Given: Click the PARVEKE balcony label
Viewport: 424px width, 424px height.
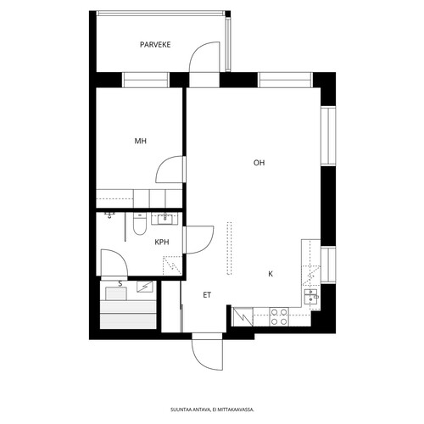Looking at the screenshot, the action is (x=155, y=45).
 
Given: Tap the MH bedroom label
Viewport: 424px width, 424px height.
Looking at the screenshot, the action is (x=141, y=141).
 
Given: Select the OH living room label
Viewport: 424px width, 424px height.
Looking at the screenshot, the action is (x=259, y=163).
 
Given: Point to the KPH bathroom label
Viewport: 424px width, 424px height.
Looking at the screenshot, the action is (x=162, y=242).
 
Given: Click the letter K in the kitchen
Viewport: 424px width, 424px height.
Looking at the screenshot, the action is (x=271, y=274).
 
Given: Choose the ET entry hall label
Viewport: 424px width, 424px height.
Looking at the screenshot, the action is (x=207, y=295).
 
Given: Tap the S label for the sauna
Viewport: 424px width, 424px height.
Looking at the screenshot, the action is (x=120, y=284).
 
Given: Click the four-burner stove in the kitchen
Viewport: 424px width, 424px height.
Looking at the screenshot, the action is (x=279, y=316).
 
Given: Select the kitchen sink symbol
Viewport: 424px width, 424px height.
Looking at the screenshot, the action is (x=311, y=296).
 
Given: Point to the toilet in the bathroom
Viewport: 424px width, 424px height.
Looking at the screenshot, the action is (x=140, y=224).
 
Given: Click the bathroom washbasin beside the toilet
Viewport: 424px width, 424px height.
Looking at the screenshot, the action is (x=165, y=219).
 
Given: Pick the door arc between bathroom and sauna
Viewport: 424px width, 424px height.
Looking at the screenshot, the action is (x=120, y=256).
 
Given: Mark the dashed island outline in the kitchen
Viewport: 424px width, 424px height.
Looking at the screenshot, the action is (x=229, y=248).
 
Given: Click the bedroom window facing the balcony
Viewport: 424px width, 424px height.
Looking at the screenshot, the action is (x=146, y=80).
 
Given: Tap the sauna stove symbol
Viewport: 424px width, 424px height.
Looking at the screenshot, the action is (x=144, y=287).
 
